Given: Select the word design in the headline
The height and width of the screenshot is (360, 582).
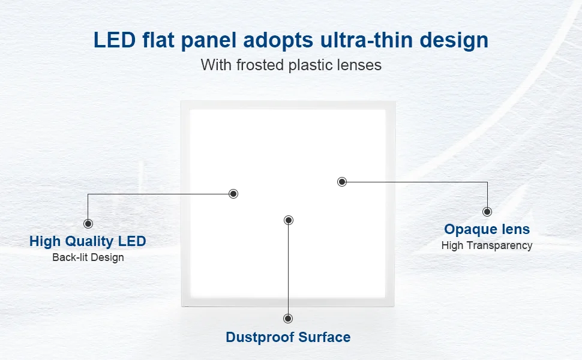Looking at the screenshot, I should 454,40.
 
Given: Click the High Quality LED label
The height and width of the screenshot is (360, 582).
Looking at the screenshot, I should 88,241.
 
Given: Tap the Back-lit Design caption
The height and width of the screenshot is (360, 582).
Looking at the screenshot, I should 88,257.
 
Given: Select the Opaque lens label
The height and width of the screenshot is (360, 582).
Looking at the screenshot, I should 487,229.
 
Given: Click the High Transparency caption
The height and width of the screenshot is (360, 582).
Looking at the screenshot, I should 487,245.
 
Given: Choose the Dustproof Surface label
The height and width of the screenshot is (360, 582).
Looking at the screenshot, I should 288,337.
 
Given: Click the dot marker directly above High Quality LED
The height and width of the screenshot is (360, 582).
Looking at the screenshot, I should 88,224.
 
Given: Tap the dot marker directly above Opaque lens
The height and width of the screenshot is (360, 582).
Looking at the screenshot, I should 487,212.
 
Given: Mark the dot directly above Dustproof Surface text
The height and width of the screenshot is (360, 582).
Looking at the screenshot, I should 288,319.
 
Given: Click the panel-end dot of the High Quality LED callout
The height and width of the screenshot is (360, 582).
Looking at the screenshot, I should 233,194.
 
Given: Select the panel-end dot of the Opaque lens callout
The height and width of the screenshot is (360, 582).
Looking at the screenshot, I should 342,181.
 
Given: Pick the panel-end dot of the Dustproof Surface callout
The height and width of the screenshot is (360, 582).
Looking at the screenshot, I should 289,220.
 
